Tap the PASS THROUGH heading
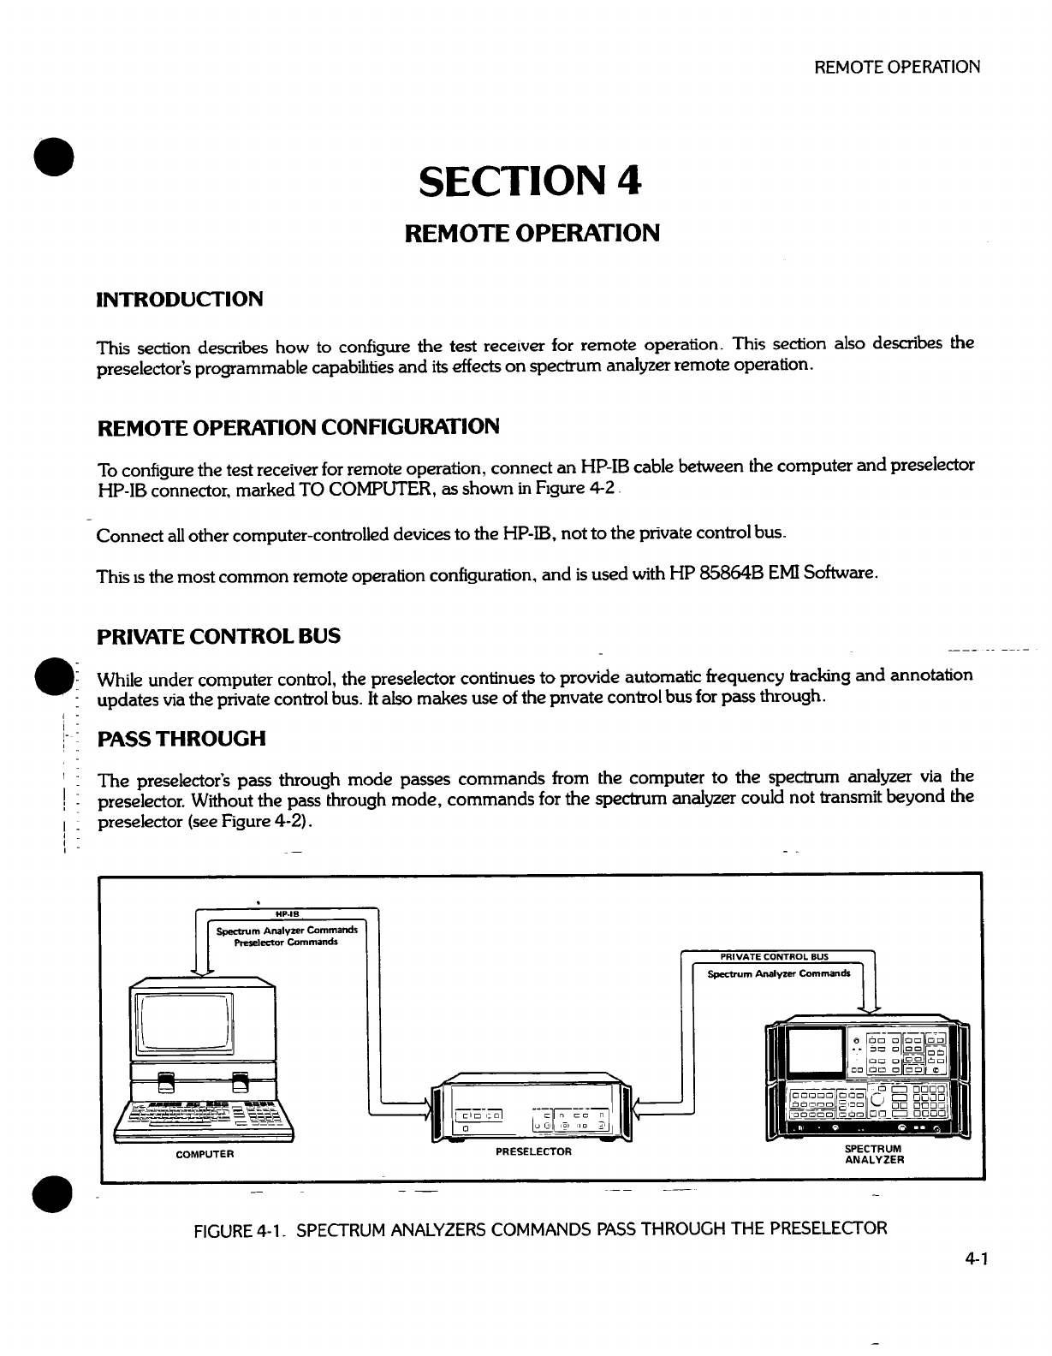click(x=182, y=738)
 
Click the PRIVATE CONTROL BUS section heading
click(x=219, y=636)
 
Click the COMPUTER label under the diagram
click(x=205, y=1154)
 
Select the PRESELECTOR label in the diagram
click(x=533, y=1151)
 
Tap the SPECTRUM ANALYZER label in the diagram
click(x=874, y=1154)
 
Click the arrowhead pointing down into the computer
click(x=204, y=967)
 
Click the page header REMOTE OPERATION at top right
click(x=897, y=67)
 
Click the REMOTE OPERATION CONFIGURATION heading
click(x=299, y=426)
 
